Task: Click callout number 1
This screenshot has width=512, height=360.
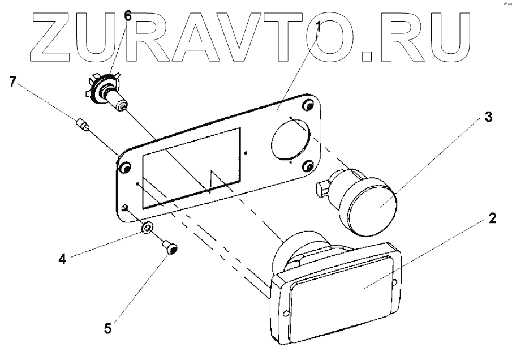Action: coord(319,26)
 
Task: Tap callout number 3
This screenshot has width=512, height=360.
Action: coord(488,118)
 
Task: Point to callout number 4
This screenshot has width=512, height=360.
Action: coord(63,259)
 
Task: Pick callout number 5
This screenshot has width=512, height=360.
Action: coord(108,327)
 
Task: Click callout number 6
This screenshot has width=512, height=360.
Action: coord(128,16)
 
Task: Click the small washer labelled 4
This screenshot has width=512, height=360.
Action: coord(146,228)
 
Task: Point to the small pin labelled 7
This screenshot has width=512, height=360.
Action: coord(83,123)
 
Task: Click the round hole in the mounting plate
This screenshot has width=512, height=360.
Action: coord(289,139)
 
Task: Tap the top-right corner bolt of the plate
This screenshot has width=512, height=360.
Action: coord(308,105)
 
